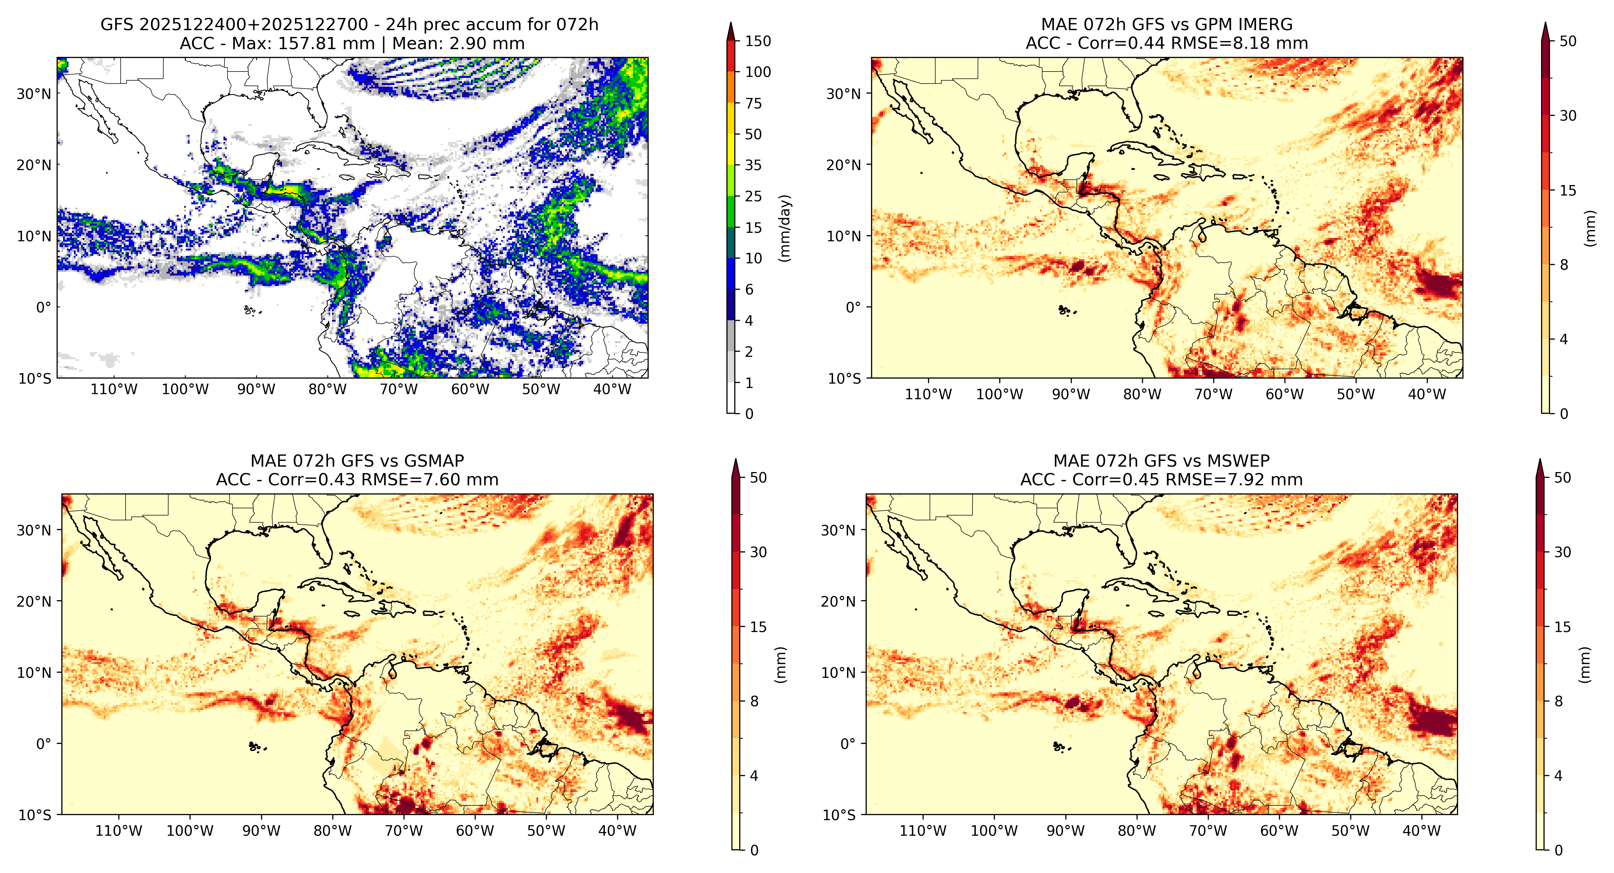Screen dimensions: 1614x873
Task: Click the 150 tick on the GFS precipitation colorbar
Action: (757, 41)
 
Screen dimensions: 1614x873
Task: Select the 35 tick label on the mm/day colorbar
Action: (753, 165)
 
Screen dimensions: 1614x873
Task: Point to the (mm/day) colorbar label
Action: (784, 228)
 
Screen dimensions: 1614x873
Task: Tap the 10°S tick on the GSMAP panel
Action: (35, 815)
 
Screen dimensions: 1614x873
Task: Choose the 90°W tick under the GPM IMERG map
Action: (1071, 394)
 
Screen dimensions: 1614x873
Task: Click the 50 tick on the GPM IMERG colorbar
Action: (1568, 41)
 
